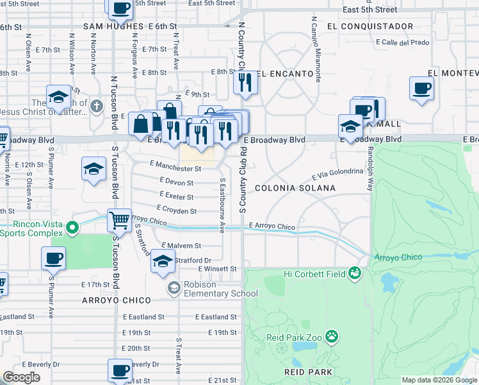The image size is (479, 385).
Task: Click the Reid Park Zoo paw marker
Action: tap(331, 336)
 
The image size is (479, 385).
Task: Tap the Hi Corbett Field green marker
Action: tap(354, 275)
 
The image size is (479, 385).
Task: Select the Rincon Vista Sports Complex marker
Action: tap(72, 227)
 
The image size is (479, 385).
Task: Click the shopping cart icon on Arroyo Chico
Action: tap(119, 221)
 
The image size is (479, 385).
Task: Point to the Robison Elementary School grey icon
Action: tap(173, 288)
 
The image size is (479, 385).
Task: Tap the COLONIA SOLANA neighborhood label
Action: tap(295, 188)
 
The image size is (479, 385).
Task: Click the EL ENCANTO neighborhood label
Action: tap(279, 73)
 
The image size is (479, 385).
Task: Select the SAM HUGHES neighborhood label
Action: tap(111, 26)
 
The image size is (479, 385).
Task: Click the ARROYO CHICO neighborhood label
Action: tap(116, 300)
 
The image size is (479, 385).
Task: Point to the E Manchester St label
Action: tap(176, 169)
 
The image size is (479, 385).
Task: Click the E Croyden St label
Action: tap(176, 210)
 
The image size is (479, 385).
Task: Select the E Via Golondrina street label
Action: tap(337, 174)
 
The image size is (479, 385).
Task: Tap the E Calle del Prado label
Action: tap(402, 42)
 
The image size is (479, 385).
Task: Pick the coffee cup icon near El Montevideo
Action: tap(421, 89)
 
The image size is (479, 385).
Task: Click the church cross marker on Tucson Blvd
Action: tap(97, 105)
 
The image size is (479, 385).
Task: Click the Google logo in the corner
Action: tap(21, 377)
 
